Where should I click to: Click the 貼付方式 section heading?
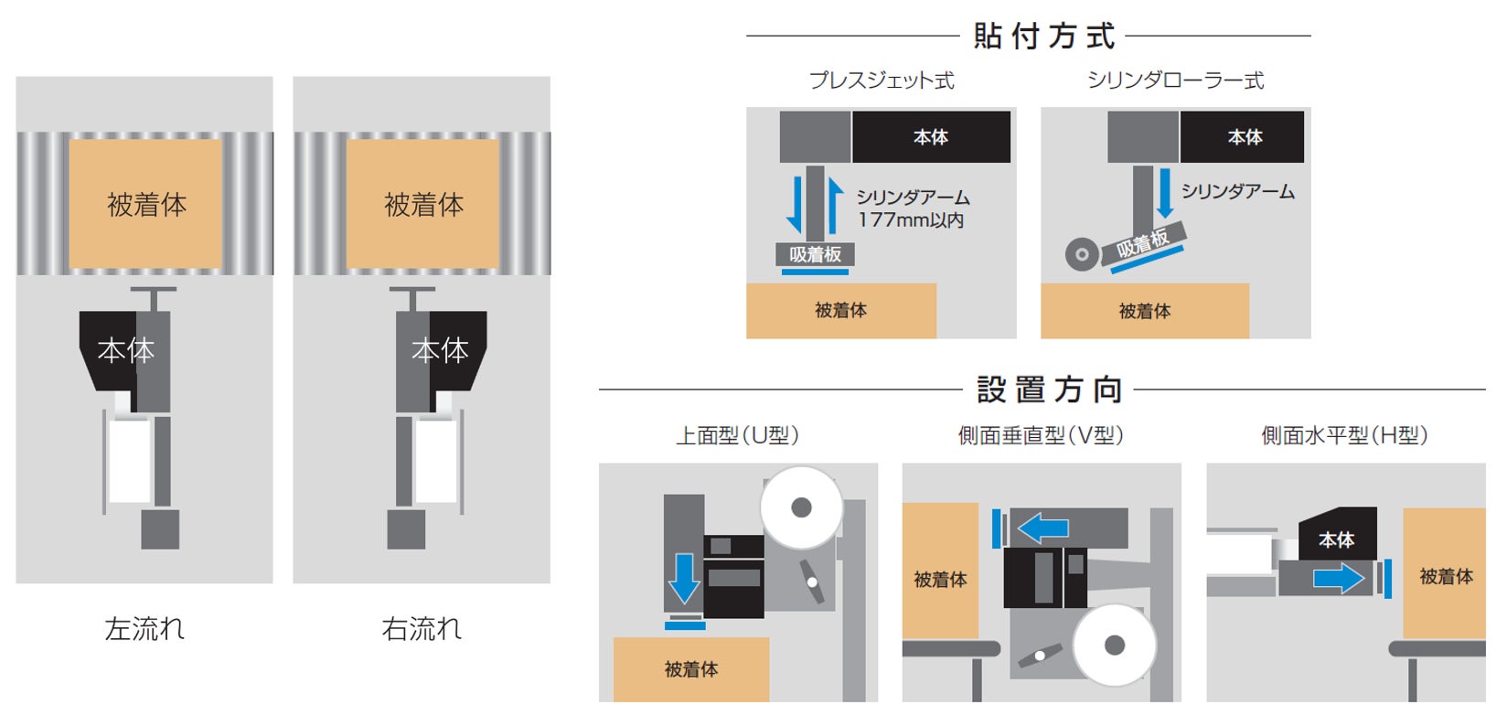[1044, 37]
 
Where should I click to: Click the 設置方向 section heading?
[1049, 390]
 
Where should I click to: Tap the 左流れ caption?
[144, 629]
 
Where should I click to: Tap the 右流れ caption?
[422, 629]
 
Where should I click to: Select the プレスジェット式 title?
[882, 80]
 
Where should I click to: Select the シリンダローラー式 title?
[1175, 80]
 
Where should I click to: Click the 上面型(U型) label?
[737, 435]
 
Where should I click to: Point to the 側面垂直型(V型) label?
[1041, 435]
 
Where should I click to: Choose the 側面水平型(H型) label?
[1344, 435]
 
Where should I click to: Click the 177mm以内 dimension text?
[910, 220]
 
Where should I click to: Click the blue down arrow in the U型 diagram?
[684, 579]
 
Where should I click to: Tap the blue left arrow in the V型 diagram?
[1043, 528]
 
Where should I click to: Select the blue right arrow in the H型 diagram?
[1339, 578]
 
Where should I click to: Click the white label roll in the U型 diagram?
[801, 507]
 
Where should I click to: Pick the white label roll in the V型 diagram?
[1114, 646]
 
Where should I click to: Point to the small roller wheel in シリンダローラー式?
[1083, 254]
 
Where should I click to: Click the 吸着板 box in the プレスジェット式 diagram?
[815, 255]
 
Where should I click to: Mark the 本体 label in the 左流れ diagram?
[125, 350]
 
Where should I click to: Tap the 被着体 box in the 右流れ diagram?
[423, 204]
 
